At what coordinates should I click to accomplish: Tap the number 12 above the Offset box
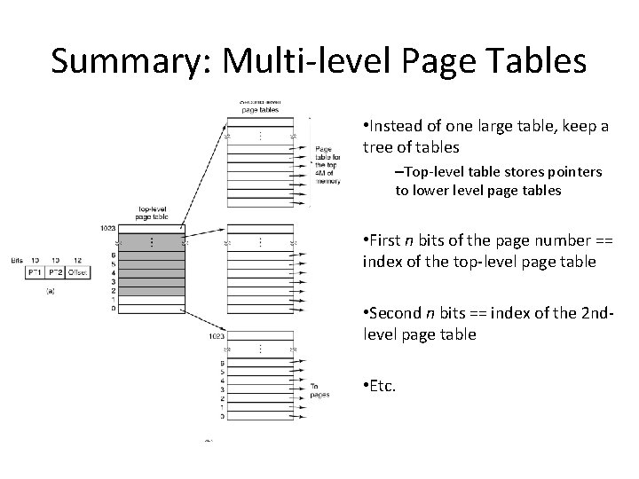(x=78, y=259)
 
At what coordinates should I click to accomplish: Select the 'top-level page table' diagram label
(x=153, y=213)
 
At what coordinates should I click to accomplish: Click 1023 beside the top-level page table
(x=108, y=228)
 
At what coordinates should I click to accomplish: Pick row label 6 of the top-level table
(x=114, y=255)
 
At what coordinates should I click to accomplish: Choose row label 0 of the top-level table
(x=114, y=308)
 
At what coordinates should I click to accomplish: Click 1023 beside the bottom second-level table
(x=216, y=336)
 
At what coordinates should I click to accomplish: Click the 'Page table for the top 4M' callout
(x=326, y=165)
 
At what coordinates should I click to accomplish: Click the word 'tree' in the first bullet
(x=378, y=147)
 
